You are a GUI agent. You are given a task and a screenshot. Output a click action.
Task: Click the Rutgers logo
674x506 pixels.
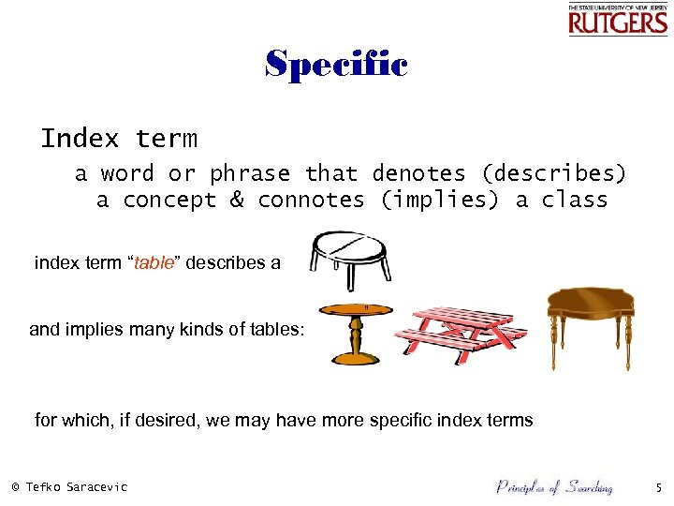(617, 19)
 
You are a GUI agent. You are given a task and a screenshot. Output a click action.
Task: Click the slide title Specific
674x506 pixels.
(336, 65)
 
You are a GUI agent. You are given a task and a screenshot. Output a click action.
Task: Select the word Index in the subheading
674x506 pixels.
(81, 140)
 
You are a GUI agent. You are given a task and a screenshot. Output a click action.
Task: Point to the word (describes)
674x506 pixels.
(553, 173)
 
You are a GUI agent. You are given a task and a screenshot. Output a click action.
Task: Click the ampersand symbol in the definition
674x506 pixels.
(237, 200)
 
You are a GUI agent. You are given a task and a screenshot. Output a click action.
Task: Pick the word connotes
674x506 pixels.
(311, 200)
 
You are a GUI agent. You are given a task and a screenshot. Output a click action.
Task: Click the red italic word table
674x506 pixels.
(155, 263)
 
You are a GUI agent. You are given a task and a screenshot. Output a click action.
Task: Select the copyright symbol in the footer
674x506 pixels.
(15, 487)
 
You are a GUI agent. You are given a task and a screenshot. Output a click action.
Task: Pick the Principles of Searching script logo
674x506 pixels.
(553, 486)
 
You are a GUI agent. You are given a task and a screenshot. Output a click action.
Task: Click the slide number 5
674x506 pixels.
(657, 487)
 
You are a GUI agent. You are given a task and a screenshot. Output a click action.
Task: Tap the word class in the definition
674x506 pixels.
(575, 200)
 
